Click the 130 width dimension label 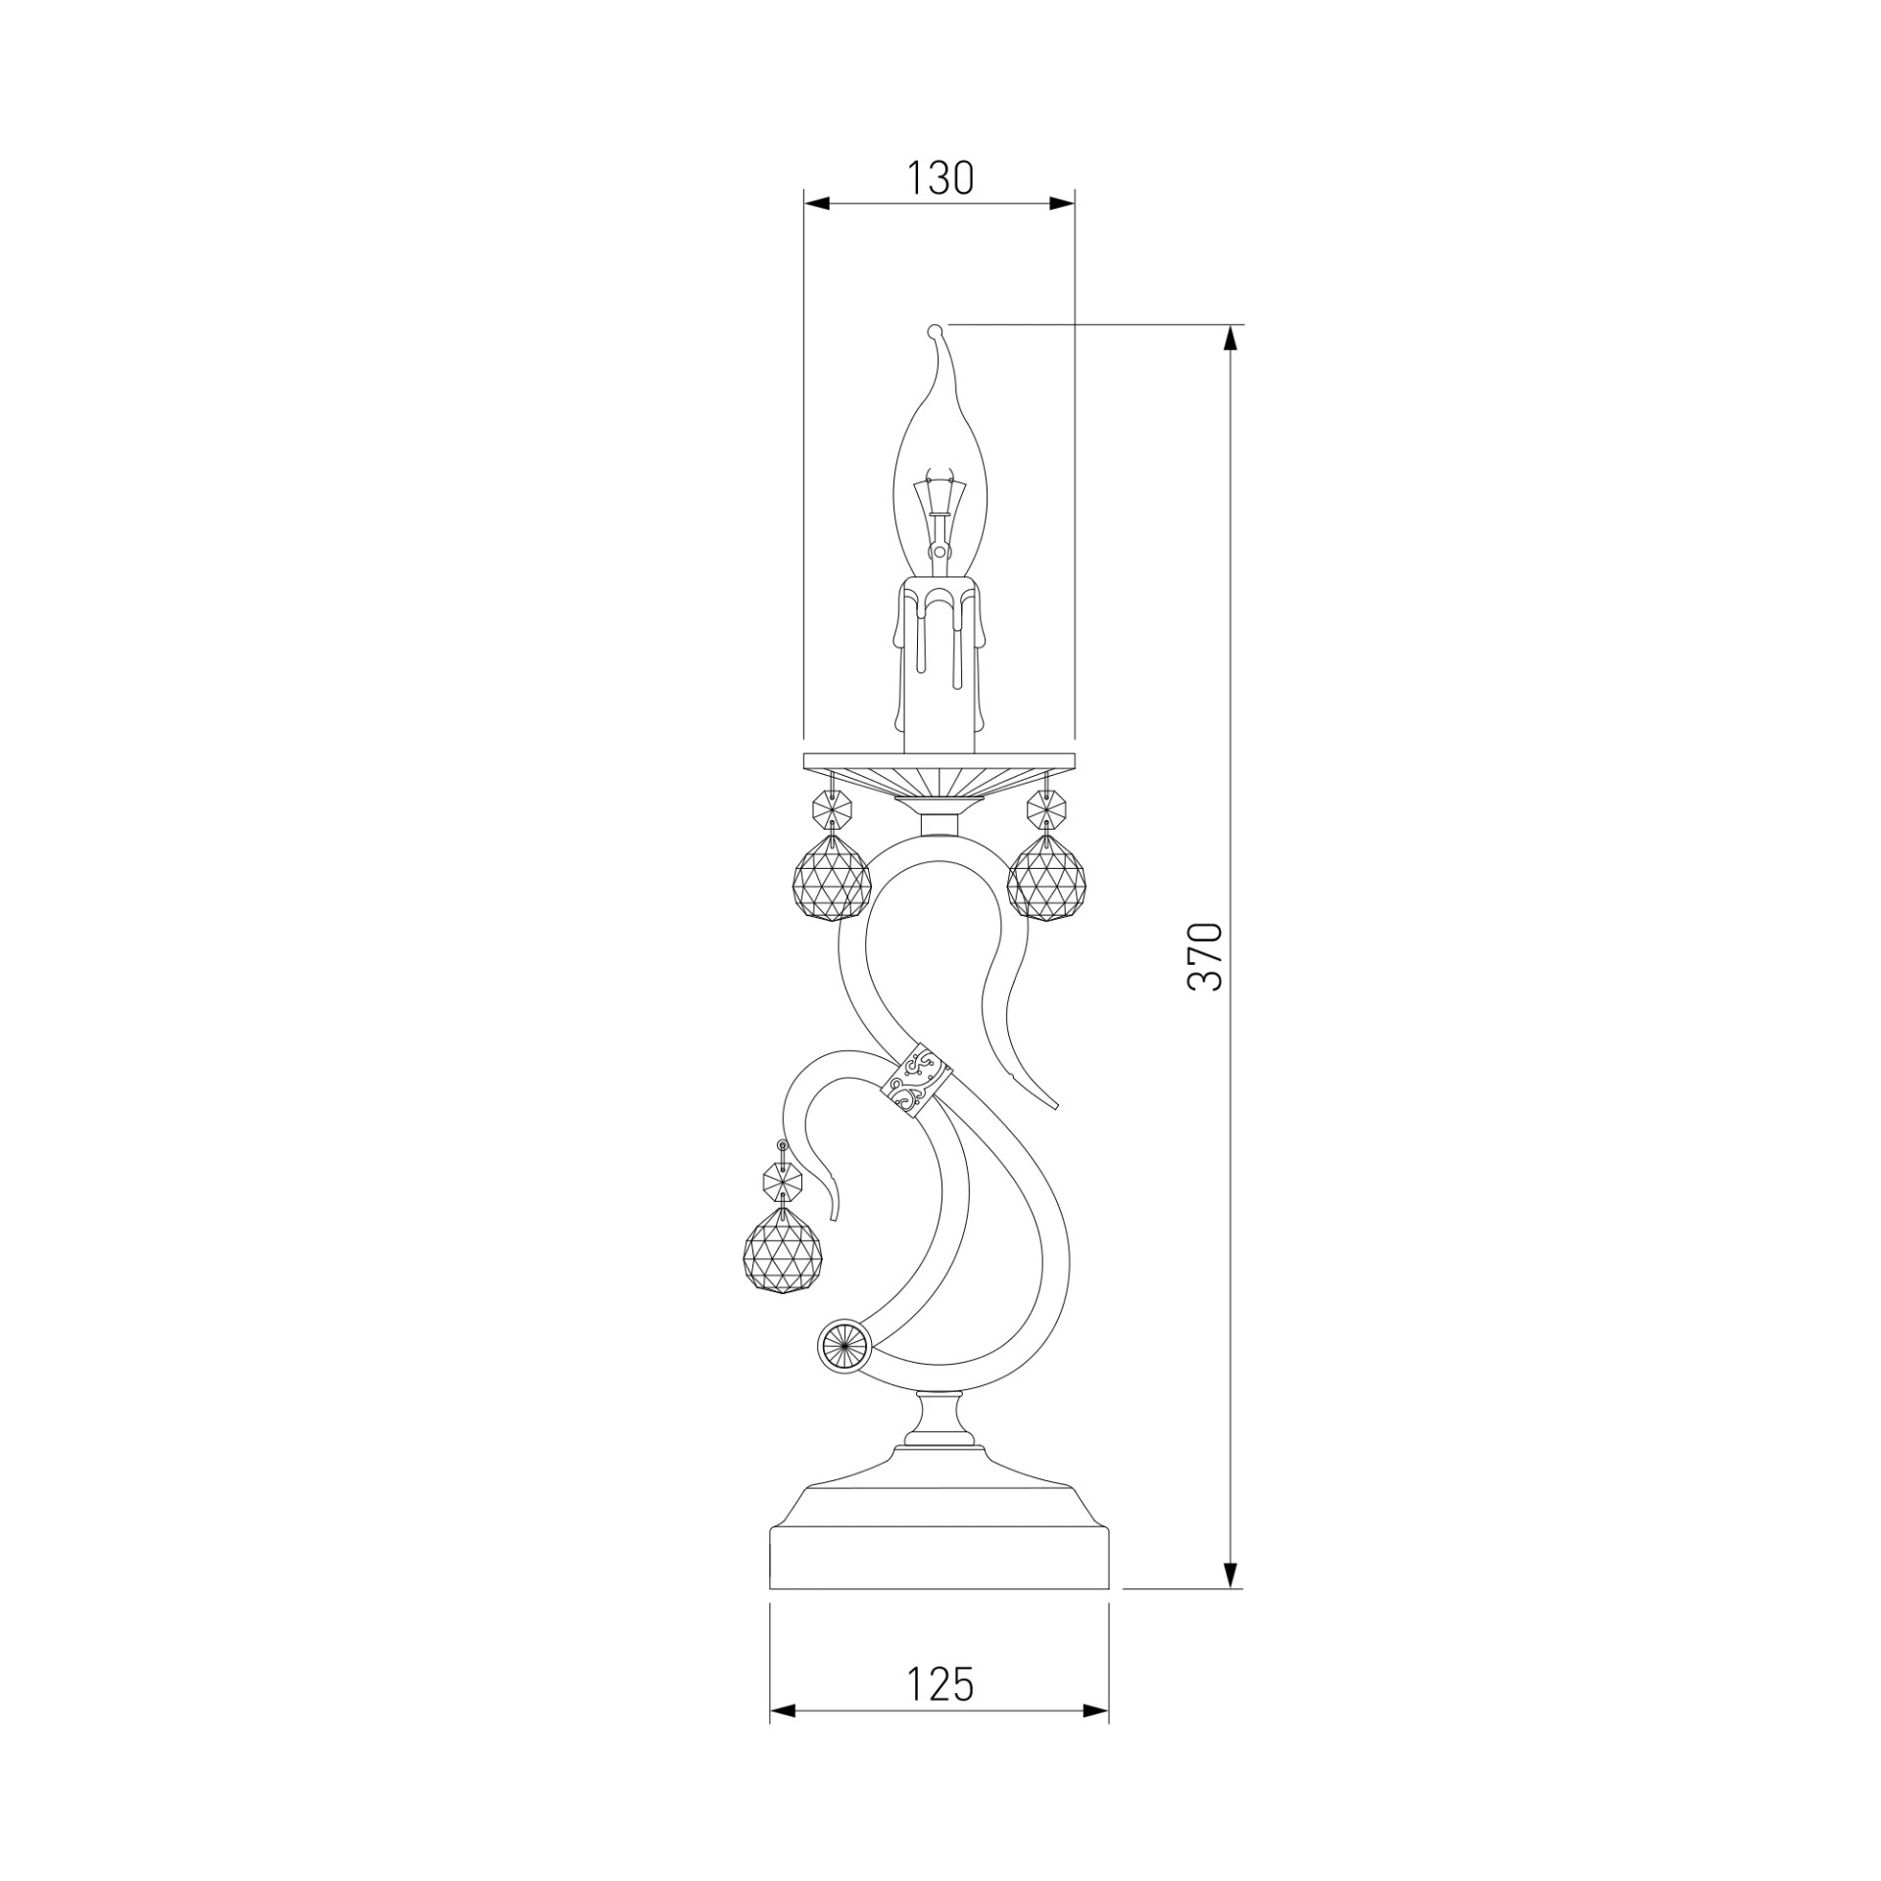(940, 178)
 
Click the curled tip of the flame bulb (935, 331)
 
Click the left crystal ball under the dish (831, 880)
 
